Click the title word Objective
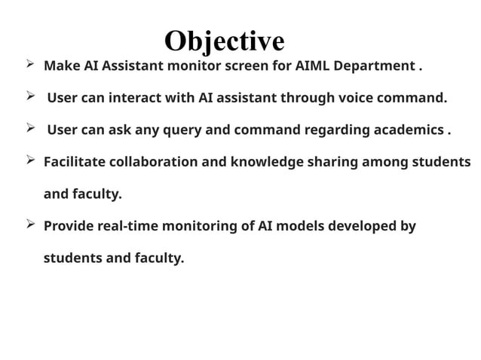pyautogui.click(x=224, y=40)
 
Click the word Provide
pyautogui.click(x=69, y=226)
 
